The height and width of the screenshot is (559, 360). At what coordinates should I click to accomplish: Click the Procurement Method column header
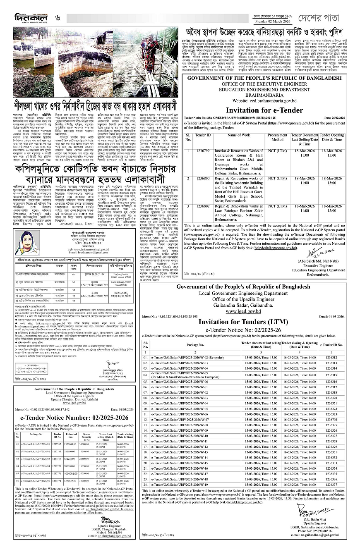(x=277, y=137)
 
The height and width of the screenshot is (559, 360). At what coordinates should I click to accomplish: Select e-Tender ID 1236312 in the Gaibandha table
(x=331, y=357)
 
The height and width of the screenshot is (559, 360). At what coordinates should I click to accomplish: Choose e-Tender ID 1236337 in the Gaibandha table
(x=331, y=484)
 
